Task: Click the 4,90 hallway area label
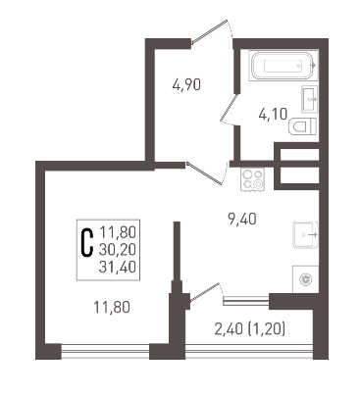(x=186, y=85)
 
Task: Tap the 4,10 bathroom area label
(x=273, y=115)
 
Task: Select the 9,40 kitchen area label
(x=242, y=219)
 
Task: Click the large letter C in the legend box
(x=86, y=242)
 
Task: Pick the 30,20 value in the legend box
(x=118, y=250)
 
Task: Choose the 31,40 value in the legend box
(x=118, y=268)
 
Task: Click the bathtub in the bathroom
(x=283, y=66)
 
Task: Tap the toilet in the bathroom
(x=303, y=126)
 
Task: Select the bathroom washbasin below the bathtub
(x=310, y=99)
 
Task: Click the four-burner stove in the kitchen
(x=252, y=179)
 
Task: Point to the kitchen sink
(x=306, y=234)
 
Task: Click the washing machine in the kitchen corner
(x=305, y=279)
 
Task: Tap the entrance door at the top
(x=209, y=31)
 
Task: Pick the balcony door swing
(x=204, y=291)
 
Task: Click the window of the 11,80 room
(x=105, y=351)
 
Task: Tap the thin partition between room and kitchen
(x=177, y=251)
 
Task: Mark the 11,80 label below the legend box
(x=112, y=308)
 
